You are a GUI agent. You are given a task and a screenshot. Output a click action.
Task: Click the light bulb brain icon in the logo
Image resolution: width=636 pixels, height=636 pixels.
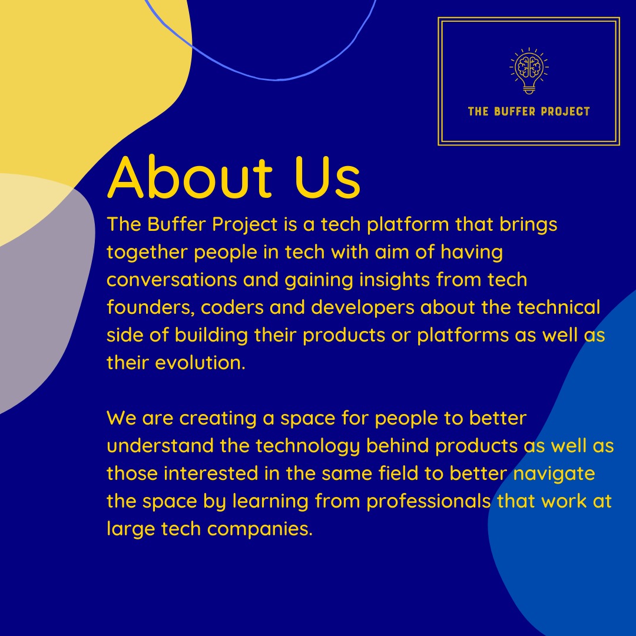tap(528, 70)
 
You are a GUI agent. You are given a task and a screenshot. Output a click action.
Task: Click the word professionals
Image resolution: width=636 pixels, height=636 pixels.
tap(429, 501)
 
